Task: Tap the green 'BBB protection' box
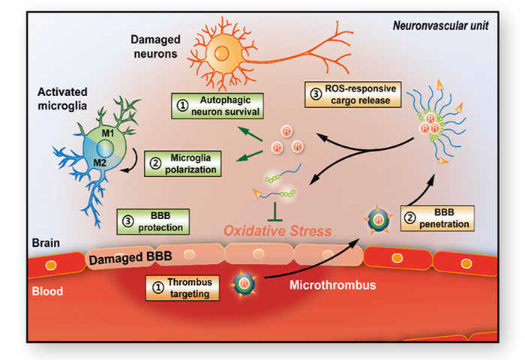pyautogui.click(x=154, y=218)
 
